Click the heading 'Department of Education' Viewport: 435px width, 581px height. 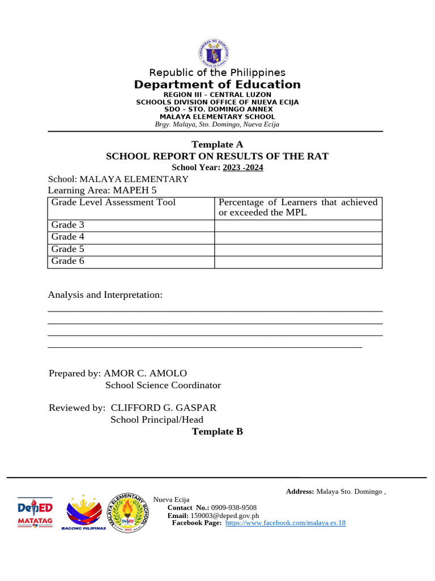217,85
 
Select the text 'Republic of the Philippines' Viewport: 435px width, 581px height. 217,73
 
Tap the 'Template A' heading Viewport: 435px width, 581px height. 217,145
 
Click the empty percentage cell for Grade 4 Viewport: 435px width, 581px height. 298,237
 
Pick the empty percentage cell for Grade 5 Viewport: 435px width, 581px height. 298,249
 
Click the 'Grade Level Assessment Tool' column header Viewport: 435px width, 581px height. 113,203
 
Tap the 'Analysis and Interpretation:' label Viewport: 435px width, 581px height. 105,295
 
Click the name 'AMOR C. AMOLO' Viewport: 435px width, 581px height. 145,373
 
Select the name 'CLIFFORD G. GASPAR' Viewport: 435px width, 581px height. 164,408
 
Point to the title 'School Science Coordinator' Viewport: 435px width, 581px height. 163,385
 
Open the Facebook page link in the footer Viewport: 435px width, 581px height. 285,523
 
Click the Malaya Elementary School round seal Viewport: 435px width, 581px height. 129,512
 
